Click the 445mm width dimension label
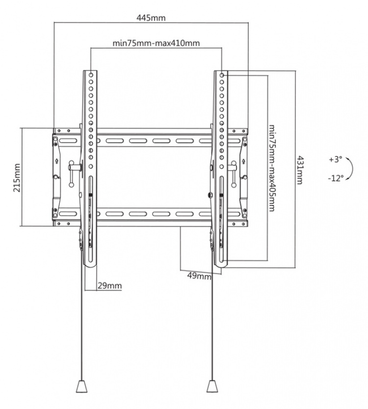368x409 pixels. [152, 18]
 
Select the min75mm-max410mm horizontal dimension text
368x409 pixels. [156, 43]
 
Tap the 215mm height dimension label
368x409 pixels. [17, 178]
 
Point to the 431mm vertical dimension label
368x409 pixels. [299, 169]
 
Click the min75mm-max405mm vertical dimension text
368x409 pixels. [271, 167]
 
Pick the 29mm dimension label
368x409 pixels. [109, 285]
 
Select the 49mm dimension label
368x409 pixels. [199, 276]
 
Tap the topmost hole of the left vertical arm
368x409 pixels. [91, 76]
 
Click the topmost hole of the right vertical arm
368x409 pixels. [222, 76]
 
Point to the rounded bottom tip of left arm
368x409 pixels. [90, 263]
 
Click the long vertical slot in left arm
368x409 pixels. [91, 216]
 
